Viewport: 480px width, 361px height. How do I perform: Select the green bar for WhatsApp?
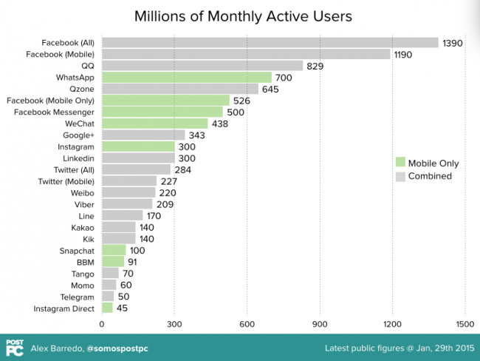click(186, 77)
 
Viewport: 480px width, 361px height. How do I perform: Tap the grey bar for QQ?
click(202, 65)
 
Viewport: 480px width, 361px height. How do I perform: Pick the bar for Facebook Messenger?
click(162, 112)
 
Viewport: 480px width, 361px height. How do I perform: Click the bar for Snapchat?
click(114, 250)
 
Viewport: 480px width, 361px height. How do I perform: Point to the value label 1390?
click(452, 43)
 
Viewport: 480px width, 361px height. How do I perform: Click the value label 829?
click(316, 66)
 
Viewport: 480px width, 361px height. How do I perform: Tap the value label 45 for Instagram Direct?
click(123, 308)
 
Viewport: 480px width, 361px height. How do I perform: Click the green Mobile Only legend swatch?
click(400, 162)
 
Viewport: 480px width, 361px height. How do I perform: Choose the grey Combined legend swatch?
click(400, 176)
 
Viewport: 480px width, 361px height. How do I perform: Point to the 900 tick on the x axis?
click(320, 323)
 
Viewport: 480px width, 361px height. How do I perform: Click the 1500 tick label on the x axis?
click(464, 323)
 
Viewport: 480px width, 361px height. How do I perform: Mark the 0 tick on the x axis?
click(102, 323)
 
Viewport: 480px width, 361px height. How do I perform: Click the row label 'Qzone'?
click(80, 89)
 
